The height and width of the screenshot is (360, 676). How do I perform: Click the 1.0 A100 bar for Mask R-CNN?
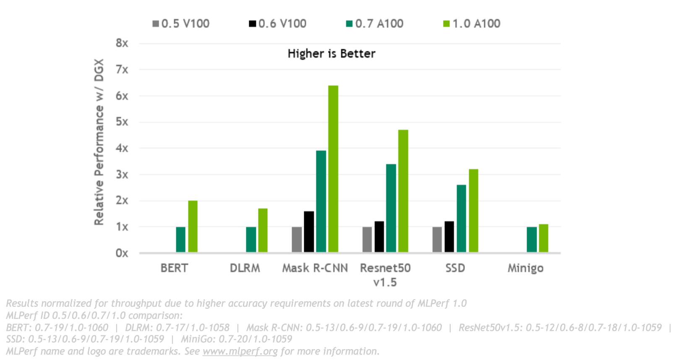pos(333,169)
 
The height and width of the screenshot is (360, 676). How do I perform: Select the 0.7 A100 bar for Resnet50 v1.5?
pos(391,208)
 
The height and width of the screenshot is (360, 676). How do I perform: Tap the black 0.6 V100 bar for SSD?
pos(449,237)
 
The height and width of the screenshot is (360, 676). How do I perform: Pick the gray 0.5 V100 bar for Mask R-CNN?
pos(297,240)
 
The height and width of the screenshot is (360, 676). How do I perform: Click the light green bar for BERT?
pos(193,227)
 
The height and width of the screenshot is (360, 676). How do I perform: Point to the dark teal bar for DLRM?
pos(251,240)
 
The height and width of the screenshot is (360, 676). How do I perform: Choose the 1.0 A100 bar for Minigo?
pos(543,238)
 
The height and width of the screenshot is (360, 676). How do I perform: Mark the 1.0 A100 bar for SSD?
pos(473,211)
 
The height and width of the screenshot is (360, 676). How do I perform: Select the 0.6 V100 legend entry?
pos(278,24)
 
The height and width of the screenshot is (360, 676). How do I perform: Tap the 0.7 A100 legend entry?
pos(375,24)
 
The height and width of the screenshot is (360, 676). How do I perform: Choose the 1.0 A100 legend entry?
pos(472,24)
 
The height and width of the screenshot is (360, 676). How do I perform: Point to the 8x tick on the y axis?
pos(122,43)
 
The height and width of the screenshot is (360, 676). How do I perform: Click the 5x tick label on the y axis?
pos(122,122)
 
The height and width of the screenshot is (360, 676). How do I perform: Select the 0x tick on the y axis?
pos(122,253)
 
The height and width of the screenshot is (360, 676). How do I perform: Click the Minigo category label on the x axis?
pos(525,268)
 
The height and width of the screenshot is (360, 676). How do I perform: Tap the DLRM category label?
pos(245,268)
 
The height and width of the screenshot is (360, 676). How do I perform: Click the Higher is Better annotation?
pos(331,54)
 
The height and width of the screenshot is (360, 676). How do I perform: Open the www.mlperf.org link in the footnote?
pos(240,351)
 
